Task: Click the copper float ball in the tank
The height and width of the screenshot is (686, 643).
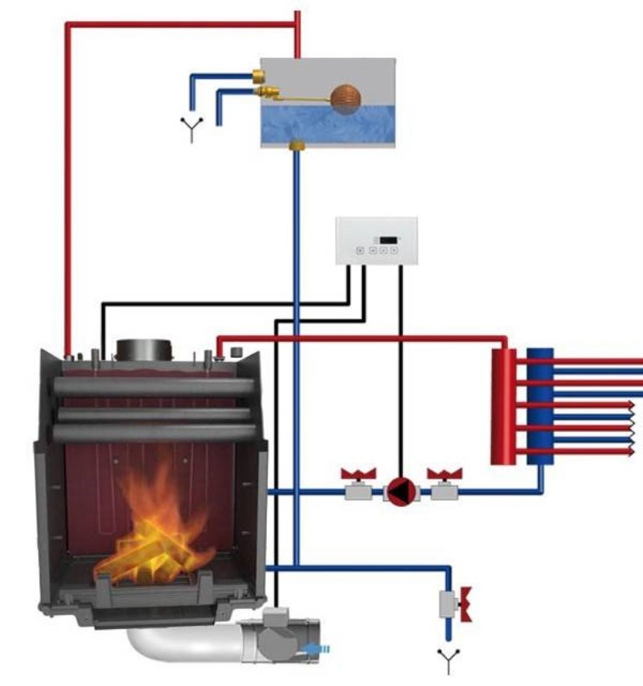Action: coord(345,98)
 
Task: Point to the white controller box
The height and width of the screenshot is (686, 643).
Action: coord(376,240)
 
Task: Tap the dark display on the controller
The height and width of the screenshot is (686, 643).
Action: coord(388,239)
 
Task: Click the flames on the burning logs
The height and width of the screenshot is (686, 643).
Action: coord(159,529)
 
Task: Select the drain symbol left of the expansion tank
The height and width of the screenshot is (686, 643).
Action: coord(192,129)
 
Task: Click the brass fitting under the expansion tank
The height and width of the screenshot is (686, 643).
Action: coord(297,146)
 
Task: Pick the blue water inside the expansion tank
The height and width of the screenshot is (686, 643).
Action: coord(328,126)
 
